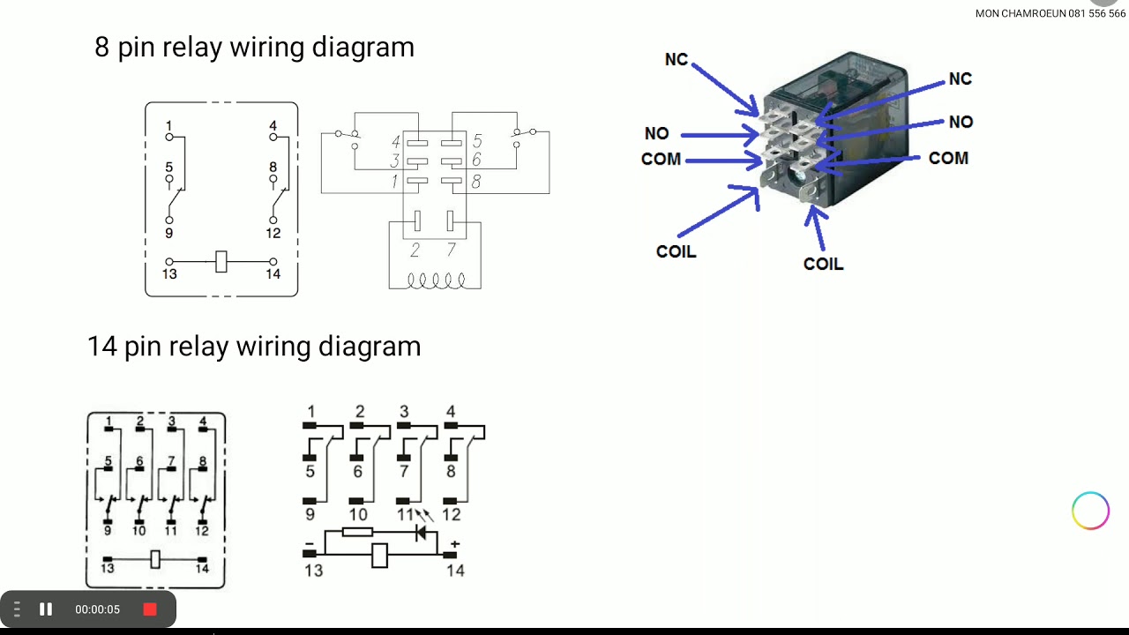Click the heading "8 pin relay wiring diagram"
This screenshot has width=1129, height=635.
coord(254,47)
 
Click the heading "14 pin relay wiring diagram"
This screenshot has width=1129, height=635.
coord(254,346)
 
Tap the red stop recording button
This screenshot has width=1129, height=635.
coord(150,609)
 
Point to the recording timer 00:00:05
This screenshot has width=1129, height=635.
coord(97,609)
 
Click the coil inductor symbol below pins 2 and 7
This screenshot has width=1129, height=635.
coord(436,280)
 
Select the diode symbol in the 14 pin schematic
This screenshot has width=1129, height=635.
coord(421,533)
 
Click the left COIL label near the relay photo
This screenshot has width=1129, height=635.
coord(676,251)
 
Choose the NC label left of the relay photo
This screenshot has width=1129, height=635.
coord(677,59)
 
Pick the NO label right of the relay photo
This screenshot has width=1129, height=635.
coord(961,122)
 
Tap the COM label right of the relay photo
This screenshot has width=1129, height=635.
coord(948,158)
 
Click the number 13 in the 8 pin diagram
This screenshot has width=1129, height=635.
coord(169,274)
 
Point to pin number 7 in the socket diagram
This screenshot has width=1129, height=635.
coord(451,251)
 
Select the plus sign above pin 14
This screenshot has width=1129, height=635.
coord(454,544)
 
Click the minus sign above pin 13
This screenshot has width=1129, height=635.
coord(310,544)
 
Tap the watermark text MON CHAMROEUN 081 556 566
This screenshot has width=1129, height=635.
coord(1050,13)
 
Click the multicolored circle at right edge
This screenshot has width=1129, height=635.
coord(1090,511)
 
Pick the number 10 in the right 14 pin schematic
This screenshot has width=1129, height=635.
coord(358,514)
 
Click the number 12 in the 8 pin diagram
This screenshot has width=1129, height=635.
coord(273,233)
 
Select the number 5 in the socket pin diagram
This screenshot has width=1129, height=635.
coord(477,141)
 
